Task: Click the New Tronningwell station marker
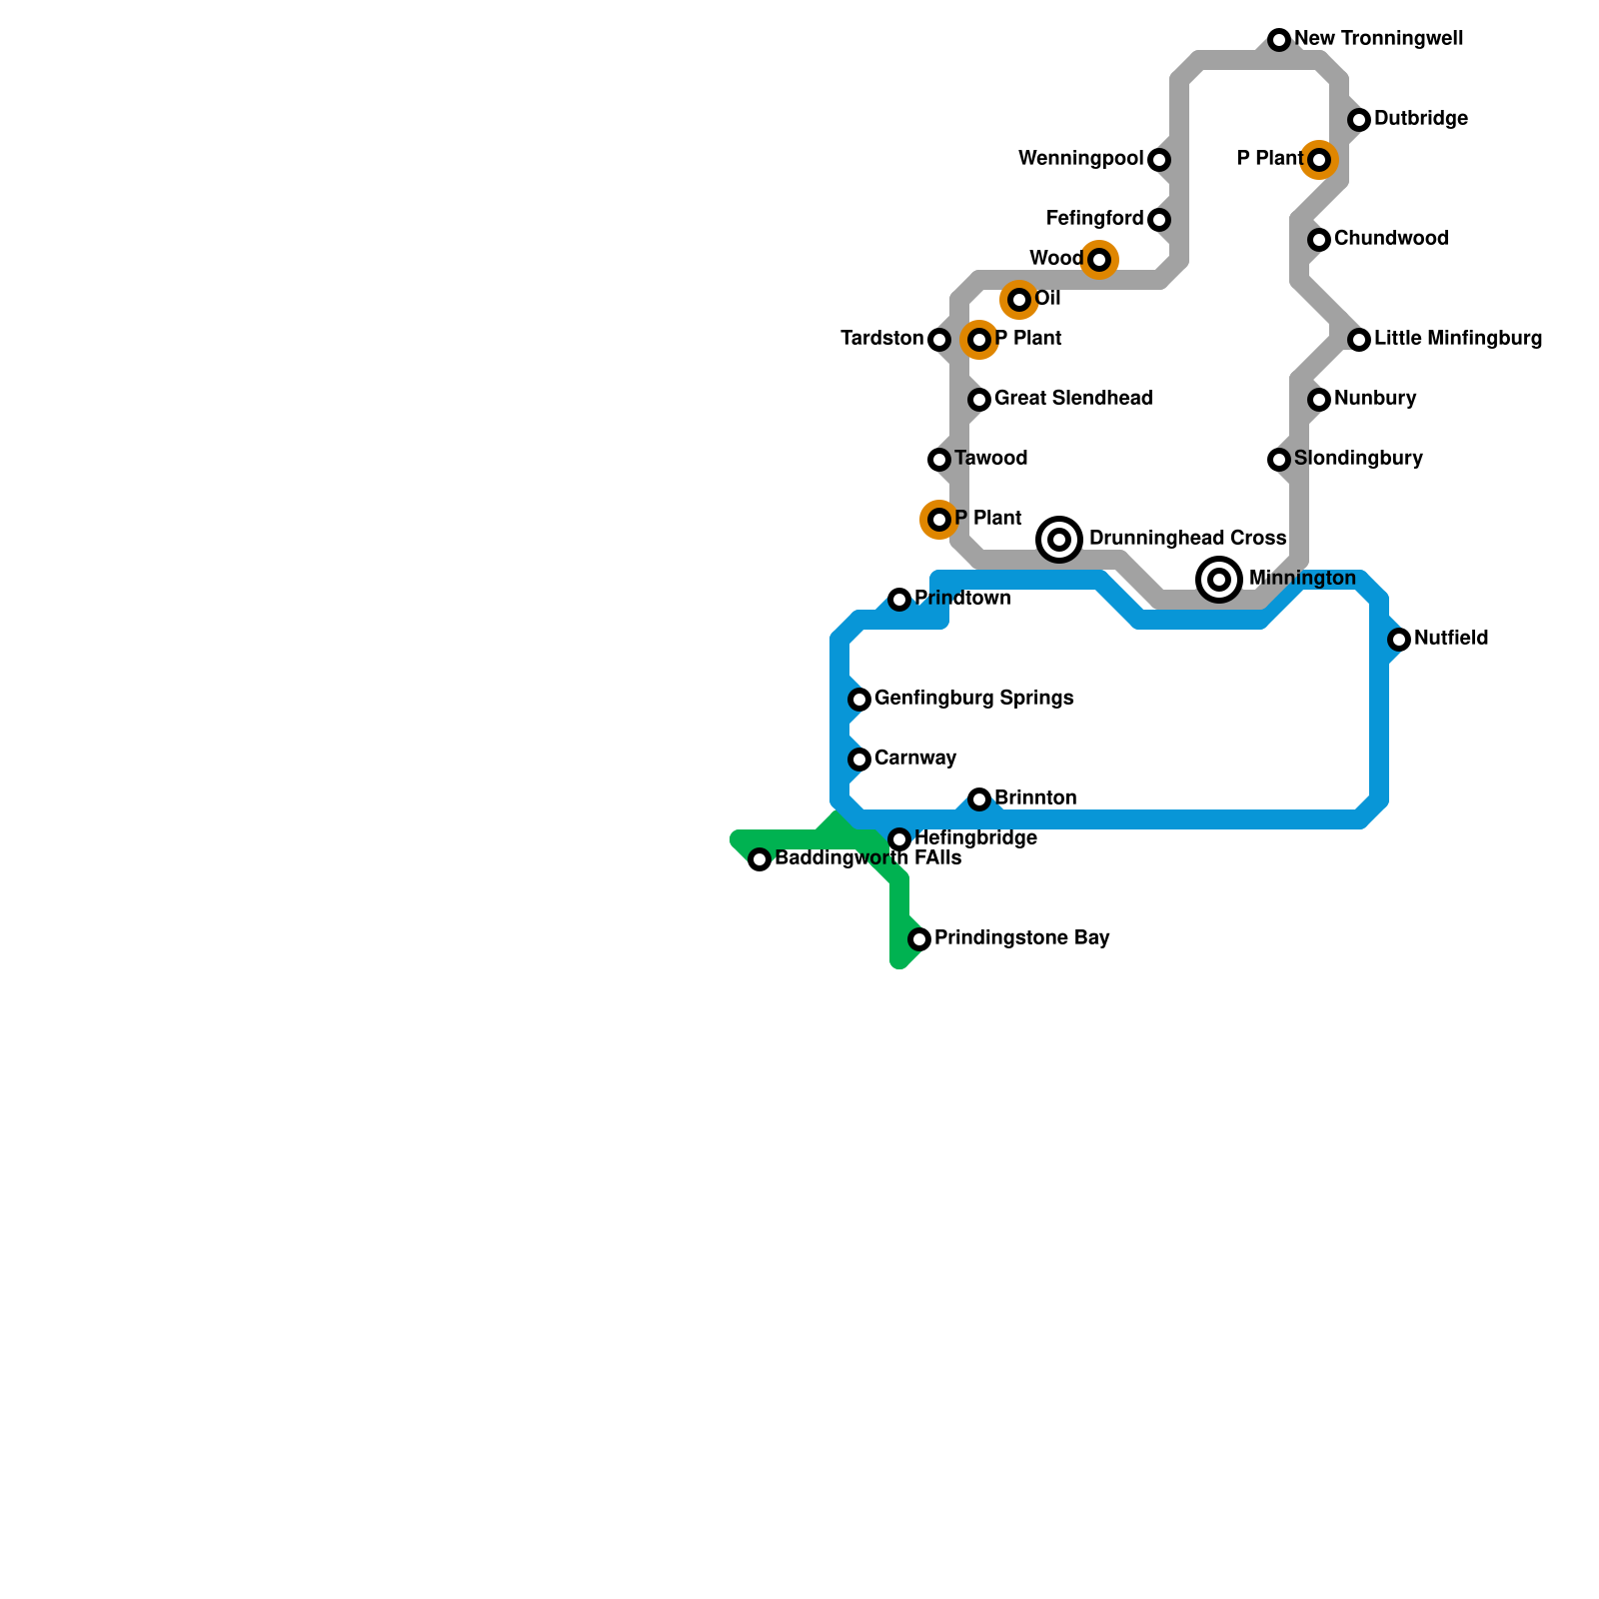1279,40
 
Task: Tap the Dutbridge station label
1420,119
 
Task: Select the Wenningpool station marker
1159,160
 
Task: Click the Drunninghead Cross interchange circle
1059,540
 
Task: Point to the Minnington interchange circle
1219,580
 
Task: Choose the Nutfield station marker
1399,640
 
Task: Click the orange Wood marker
1099,260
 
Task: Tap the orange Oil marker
1018,299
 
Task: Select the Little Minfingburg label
1457,339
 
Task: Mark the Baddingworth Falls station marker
760,859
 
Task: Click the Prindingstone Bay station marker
919,939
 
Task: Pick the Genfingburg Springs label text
973,699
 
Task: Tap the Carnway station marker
859,760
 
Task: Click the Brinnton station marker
979,799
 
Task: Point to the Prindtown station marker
899,600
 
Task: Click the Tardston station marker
939,340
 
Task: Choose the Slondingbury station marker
1279,460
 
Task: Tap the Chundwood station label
1390,239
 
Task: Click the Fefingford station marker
1159,220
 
